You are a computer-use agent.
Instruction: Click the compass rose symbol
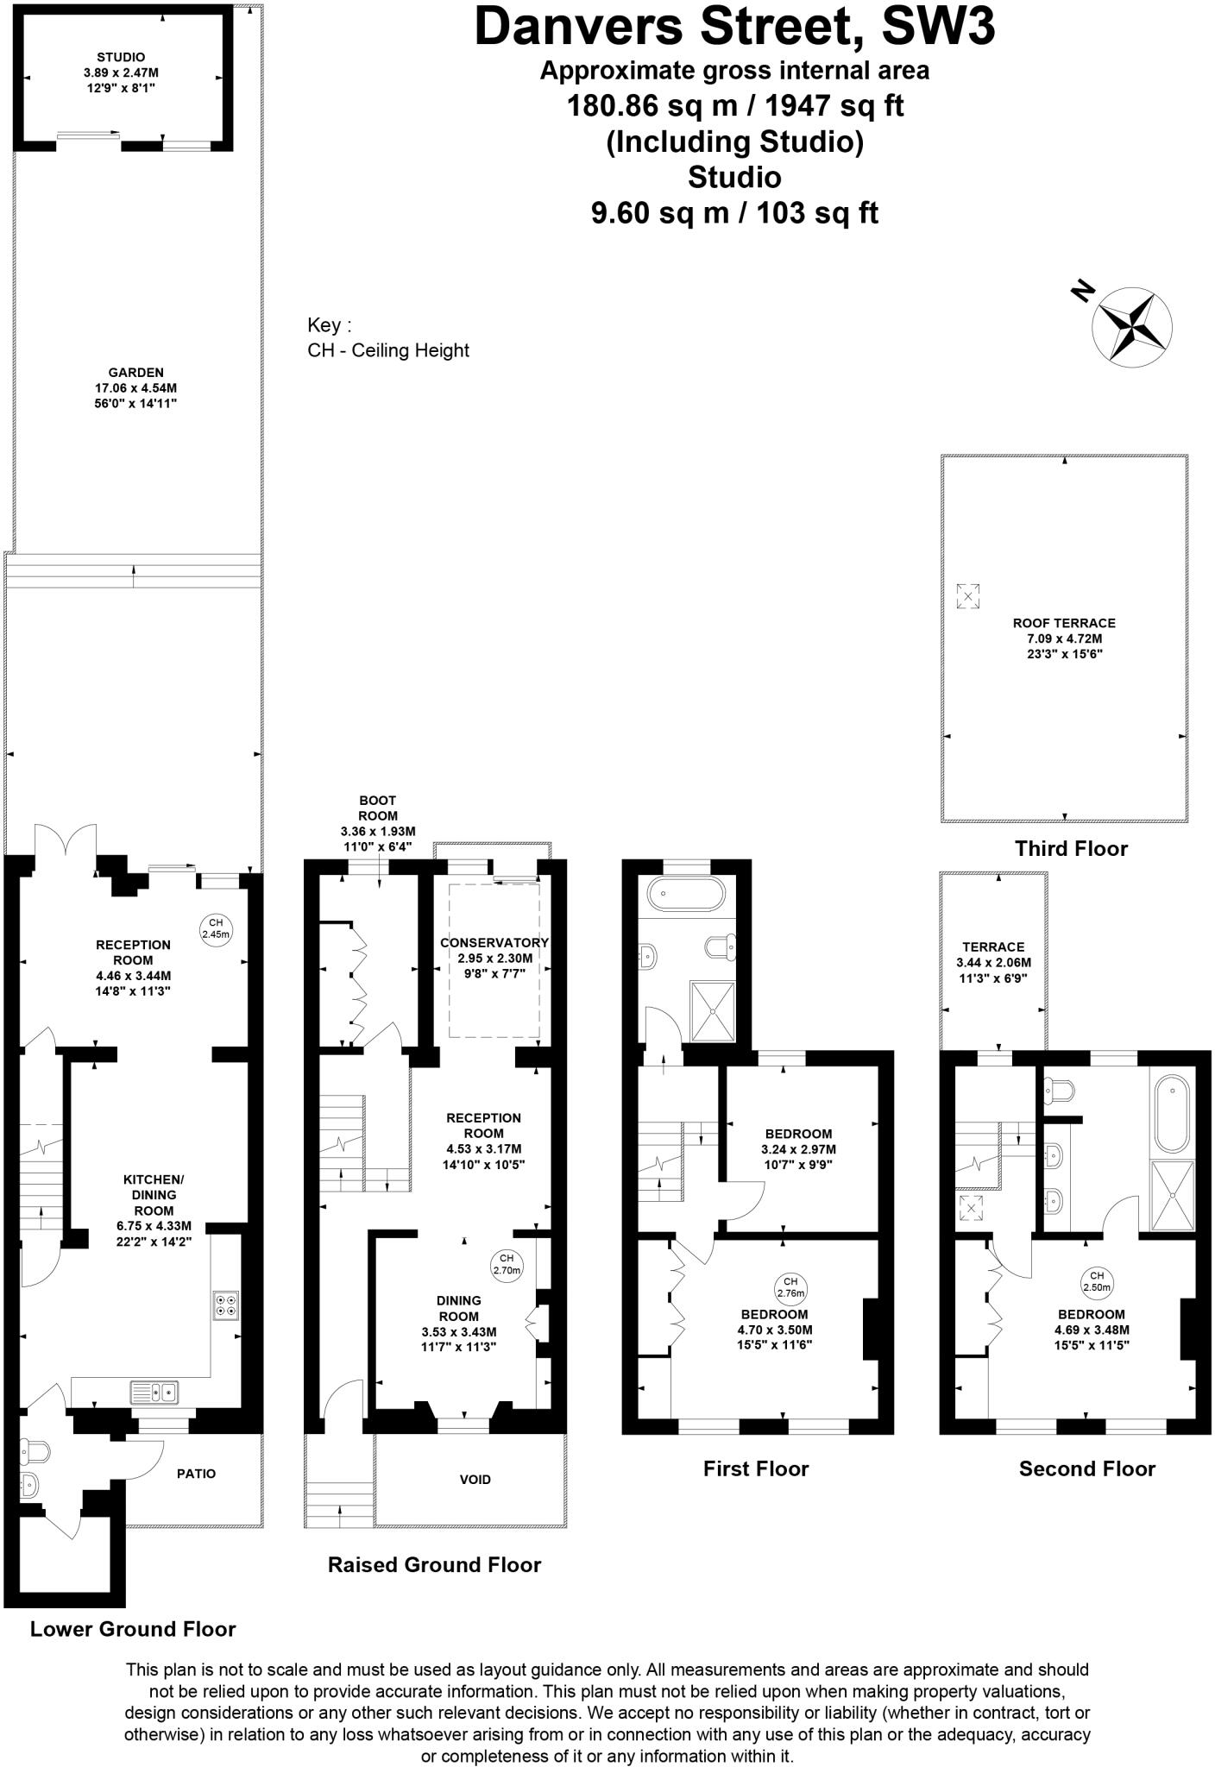pos(1131,326)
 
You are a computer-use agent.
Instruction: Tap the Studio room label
pos(121,57)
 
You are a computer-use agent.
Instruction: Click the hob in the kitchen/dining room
pos(226,1305)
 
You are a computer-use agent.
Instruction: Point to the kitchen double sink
pos(154,1391)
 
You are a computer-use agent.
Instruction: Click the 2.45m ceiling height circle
pos(216,928)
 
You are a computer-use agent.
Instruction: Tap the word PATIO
pos(196,1473)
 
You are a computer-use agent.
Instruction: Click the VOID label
pos(475,1479)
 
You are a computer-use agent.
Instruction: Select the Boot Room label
pos(378,808)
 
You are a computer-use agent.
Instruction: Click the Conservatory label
pos(494,942)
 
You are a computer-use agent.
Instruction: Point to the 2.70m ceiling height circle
pos(507,1264)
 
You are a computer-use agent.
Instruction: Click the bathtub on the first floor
pos(688,894)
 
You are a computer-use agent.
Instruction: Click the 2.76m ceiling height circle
pos(790,1286)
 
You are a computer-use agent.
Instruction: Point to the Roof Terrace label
pos(1064,622)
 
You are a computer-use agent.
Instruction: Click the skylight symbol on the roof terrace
pos(968,595)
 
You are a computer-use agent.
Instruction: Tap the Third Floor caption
pos(1071,848)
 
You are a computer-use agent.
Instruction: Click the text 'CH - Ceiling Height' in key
pos(388,350)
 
